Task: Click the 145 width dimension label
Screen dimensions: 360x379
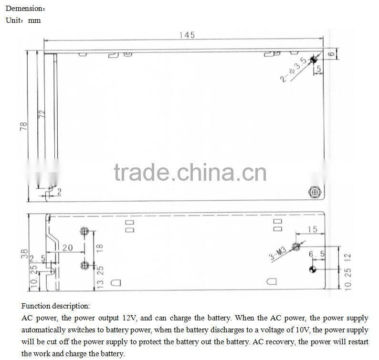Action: (187, 35)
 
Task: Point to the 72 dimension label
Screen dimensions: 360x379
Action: (42, 115)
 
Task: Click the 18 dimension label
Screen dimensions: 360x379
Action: (100, 248)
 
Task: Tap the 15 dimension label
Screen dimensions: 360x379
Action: (312, 230)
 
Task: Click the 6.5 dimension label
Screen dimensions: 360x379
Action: (316, 255)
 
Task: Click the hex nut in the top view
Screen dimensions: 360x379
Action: (315, 192)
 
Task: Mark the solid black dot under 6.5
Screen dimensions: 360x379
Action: (313, 270)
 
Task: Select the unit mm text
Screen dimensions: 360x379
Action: (35, 21)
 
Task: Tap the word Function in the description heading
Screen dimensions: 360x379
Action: (36, 306)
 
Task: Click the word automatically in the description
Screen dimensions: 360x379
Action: (43, 330)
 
